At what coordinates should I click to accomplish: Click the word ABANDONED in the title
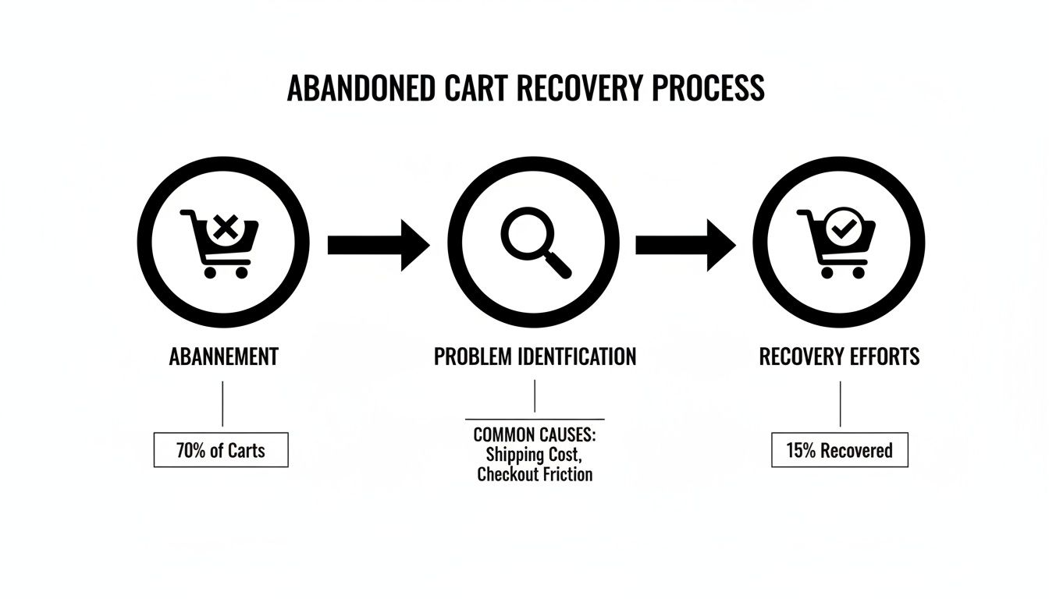tap(361, 89)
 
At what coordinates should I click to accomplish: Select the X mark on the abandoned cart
tap(225, 229)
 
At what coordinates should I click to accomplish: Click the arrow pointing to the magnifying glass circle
tap(378, 245)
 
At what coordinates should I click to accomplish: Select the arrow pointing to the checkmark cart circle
tap(685, 245)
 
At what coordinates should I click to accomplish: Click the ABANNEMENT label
tap(223, 357)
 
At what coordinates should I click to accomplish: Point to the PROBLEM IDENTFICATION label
tap(535, 357)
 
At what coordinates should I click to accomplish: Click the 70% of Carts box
tap(221, 450)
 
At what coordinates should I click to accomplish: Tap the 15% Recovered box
tap(839, 450)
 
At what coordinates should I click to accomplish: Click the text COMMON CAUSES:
tap(534, 435)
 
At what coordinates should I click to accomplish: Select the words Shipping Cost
tap(534, 455)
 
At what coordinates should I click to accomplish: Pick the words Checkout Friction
tap(535, 474)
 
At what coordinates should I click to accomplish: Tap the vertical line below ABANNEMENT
tap(223, 403)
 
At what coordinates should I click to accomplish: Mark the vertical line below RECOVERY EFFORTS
tap(840, 403)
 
